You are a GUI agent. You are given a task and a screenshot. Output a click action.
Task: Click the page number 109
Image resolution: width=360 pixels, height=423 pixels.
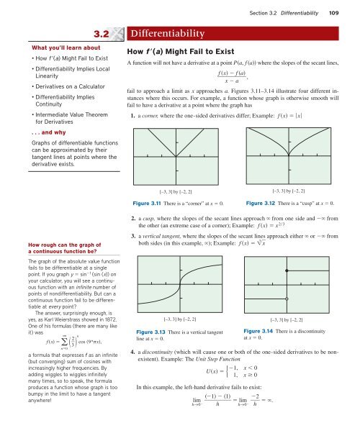point(334,13)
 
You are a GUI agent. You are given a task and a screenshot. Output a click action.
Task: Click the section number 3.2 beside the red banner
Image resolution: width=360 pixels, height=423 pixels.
point(102,34)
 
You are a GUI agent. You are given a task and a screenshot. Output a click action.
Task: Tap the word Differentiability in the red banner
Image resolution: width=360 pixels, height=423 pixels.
point(168,33)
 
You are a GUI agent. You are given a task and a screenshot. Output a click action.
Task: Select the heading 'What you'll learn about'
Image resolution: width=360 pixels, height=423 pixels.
point(66,47)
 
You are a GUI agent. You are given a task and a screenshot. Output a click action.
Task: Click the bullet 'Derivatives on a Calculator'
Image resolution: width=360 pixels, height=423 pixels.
point(70,86)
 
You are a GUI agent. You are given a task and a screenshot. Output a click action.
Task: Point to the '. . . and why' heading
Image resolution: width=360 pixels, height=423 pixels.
point(49,132)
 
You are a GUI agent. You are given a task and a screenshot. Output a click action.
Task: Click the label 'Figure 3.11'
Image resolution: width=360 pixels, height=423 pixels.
point(147,204)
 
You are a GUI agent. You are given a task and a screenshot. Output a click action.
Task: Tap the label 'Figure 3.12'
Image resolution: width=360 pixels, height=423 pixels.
point(261,203)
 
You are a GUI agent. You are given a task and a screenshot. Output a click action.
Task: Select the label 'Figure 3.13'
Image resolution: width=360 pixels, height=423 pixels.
point(150,332)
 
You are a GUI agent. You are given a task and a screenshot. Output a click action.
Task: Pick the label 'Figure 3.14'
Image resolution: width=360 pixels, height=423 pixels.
point(258,331)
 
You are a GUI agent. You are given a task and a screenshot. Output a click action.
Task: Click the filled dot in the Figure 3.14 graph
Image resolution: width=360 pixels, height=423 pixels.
point(287,270)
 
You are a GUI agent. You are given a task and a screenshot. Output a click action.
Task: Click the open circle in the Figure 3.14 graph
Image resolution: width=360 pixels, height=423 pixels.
point(287,299)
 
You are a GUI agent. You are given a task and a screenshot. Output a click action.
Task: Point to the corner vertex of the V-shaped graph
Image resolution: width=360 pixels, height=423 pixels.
point(176,157)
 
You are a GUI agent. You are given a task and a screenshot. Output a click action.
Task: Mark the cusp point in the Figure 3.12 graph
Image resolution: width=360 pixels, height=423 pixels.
point(289,155)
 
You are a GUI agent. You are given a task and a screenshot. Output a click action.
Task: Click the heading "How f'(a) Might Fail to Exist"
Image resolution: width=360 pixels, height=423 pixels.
point(181,52)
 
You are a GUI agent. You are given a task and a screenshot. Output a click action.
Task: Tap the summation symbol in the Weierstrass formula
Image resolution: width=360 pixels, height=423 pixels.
point(64,342)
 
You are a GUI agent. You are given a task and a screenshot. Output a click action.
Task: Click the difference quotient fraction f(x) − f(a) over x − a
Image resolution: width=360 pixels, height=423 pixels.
point(232,77)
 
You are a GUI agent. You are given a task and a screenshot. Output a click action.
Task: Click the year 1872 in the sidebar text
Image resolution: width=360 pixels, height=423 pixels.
point(111,319)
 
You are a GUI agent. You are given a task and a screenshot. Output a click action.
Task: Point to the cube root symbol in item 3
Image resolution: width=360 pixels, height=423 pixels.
point(261,243)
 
